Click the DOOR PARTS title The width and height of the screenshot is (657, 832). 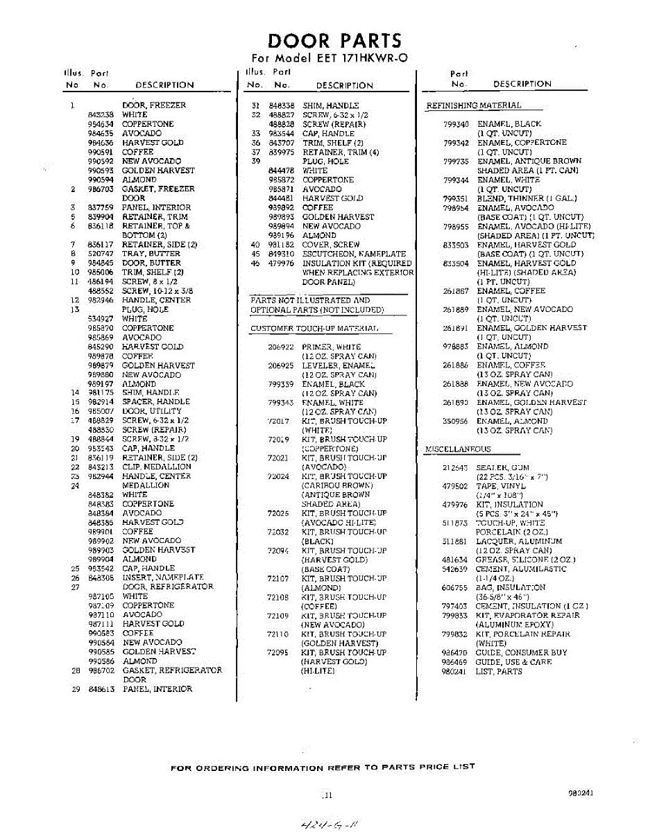pos(334,41)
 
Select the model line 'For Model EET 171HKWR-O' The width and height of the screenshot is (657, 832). pos(329,58)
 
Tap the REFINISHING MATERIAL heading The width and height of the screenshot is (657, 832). pos(473,105)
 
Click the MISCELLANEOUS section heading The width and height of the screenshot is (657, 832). pos(457,449)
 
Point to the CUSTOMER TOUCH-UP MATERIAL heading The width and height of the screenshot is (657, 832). pos(314,328)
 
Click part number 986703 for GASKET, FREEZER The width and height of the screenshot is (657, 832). pos(101,189)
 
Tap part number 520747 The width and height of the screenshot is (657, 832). pos(101,254)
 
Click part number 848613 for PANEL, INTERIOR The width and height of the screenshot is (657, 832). pos(101,689)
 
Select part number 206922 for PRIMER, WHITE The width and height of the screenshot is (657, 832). pos(281,347)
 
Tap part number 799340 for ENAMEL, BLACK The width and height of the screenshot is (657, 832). pos(457,124)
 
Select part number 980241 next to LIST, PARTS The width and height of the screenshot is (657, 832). pos(455,671)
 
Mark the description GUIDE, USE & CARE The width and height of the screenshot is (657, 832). pos(513,662)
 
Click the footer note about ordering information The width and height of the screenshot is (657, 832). pos(323,767)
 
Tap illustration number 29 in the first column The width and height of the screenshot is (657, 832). pos(76,689)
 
